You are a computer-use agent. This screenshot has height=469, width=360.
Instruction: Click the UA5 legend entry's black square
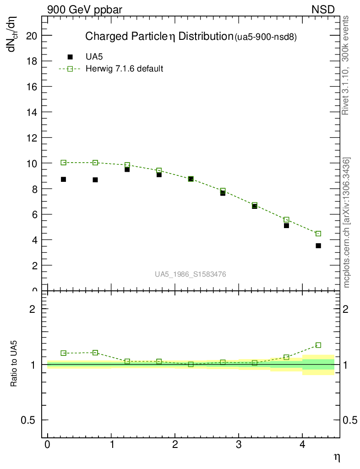tap(70, 57)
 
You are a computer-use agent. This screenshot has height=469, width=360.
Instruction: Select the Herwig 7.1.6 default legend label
tap(125, 69)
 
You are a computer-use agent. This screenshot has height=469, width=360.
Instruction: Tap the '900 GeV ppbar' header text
tap(84, 9)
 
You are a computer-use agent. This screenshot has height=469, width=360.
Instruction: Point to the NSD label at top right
tap(323, 9)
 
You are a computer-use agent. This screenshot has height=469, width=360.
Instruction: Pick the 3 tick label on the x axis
tap(238, 445)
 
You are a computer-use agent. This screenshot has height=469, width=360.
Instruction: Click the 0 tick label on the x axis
tap(47, 445)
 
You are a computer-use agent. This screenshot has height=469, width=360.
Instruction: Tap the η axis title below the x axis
tap(336, 457)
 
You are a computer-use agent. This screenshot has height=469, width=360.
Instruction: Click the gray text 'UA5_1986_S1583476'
tap(190, 274)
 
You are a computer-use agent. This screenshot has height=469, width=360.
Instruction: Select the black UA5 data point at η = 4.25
tap(318, 246)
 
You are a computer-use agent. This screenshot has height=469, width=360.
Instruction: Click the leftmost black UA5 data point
tap(63, 180)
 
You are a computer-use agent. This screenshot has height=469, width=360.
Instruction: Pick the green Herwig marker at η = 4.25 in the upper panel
tap(318, 234)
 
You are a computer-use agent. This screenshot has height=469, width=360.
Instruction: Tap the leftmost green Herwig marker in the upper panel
tap(63, 163)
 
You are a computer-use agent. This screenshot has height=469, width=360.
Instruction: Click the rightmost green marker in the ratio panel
tap(318, 345)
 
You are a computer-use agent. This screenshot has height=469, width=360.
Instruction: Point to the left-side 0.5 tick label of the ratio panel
tap(29, 420)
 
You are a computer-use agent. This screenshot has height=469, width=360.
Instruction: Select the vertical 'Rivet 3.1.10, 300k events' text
tap(346, 65)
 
